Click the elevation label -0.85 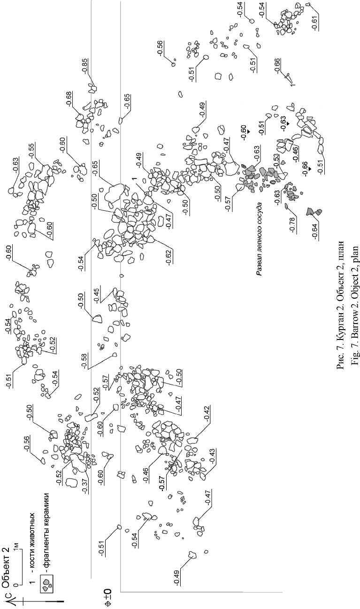click(84, 65)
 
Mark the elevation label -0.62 click(169, 257)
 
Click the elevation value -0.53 click(276, 161)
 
